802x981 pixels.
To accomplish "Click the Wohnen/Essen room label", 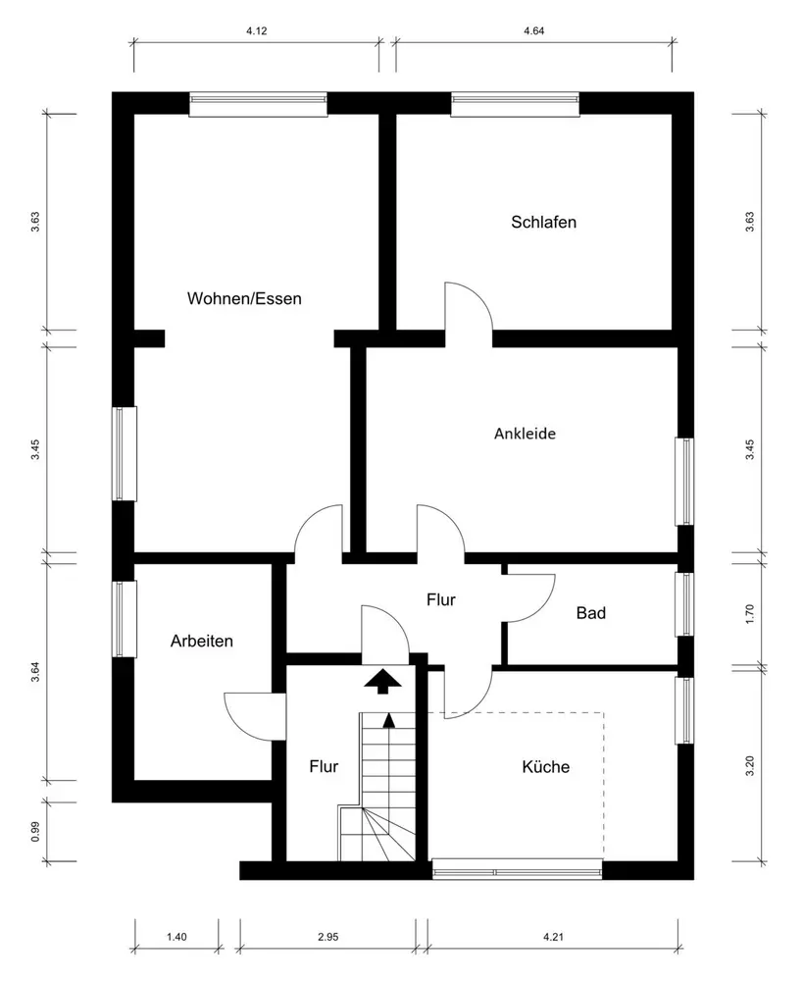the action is pyautogui.click(x=244, y=298).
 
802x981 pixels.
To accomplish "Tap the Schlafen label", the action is pyautogui.click(x=543, y=222).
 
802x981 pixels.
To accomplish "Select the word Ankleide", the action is pyautogui.click(x=525, y=433).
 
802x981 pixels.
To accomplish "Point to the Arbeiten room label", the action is pyautogui.click(x=201, y=641).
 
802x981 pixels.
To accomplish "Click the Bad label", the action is pyautogui.click(x=590, y=613).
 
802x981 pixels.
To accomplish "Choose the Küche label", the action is pyautogui.click(x=545, y=767).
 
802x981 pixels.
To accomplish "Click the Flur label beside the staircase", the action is pyautogui.click(x=324, y=766).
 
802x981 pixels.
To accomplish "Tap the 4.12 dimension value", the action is pyautogui.click(x=257, y=31).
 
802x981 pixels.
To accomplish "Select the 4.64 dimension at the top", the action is pyautogui.click(x=533, y=31).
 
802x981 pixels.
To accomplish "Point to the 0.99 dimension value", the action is pyautogui.click(x=35, y=831).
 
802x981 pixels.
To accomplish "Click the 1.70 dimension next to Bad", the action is pyautogui.click(x=750, y=614).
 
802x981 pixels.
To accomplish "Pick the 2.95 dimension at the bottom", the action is pyautogui.click(x=327, y=938).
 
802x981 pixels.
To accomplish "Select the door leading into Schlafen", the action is pyautogui.click(x=468, y=307).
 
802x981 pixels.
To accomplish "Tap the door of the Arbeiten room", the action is pyautogui.click(x=251, y=714).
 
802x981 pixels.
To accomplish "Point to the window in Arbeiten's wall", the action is pyautogui.click(x=124, y=619).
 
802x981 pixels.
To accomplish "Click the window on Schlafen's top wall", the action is pyautogui.click(x=515, y=104).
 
